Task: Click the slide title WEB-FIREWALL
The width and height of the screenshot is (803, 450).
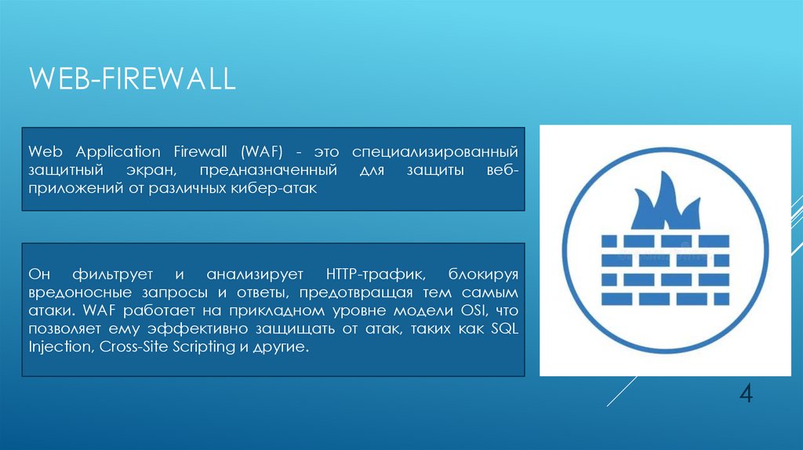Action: pyautogui.click(x=132, y=80)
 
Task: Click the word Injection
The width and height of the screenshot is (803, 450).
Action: pyautogui.click(x=60, y=346)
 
